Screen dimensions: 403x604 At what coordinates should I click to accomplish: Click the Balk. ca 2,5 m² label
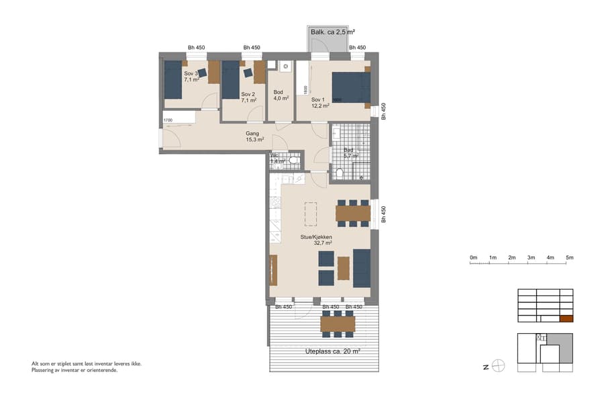click(332, 32)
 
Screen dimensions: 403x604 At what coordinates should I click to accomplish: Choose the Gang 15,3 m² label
click(254, 136)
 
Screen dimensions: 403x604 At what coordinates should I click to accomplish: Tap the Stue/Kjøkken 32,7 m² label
click(316, 240)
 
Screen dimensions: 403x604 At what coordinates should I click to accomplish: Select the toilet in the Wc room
click(293, 160)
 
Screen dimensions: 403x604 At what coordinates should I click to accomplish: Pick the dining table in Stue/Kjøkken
click(353, 213)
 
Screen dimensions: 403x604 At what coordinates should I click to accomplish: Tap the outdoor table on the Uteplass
click(338, 324)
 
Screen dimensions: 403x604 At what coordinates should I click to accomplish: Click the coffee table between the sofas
click(344, 268)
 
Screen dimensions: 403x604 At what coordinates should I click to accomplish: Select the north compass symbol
click(498, 366)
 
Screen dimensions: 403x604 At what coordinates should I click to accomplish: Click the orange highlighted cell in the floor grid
click(566, 320)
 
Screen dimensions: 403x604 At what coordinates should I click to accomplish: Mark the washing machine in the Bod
click(285, 66)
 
